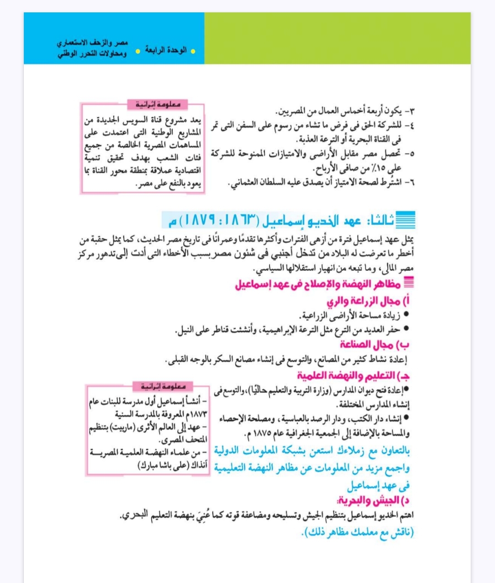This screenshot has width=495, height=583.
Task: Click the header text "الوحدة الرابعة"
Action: click(166, 50)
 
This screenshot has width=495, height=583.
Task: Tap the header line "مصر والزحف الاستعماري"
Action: click(93, 43)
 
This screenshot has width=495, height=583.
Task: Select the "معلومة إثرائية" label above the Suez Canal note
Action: click(158, 105)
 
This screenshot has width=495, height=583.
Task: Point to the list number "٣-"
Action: click(409, 111)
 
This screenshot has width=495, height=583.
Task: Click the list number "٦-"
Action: click(409, 182)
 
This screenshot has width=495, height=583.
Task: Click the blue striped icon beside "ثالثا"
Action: click(405, 220)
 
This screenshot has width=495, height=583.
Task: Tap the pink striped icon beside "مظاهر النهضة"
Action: click(409, 283)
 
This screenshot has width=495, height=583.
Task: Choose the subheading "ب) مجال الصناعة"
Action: click(374, 344)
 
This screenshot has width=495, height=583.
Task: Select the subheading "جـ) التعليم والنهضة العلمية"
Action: click(353, 376)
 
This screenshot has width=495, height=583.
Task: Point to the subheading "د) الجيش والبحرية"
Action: click(374, 500)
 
